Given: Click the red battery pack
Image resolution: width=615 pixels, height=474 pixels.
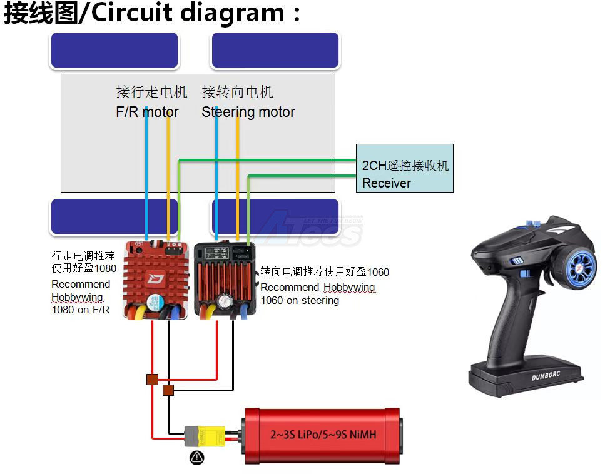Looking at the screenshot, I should click(322, 435).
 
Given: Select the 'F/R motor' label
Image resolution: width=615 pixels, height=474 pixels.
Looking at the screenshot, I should click(147, 112).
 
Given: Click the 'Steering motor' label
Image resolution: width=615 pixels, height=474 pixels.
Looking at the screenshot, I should click(248, 112).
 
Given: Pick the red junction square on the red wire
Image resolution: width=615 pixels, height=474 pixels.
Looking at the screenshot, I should click(152, 379).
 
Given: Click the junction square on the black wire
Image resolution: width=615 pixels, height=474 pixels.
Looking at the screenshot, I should click(168, 391).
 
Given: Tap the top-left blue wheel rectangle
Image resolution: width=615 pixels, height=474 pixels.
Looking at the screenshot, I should click(114, 50).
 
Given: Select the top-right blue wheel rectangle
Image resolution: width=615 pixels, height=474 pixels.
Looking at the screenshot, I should click(275, 50).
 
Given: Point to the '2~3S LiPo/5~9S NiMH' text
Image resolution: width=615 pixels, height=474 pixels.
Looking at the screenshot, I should click(323, 434).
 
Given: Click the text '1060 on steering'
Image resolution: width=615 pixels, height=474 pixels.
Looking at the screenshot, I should click(300, 300).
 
